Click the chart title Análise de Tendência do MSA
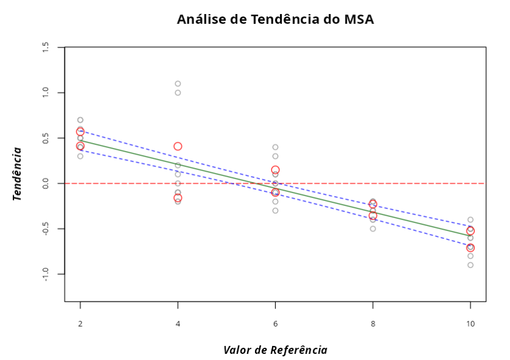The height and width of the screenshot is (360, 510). pyautogui.click(x=275, y=19)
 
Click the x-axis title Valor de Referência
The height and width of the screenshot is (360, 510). pyautogui.click(x=275, y=350)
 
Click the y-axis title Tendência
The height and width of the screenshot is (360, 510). pyautogui.click(x=17, y=174)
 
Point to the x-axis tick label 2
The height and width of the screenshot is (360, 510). pyautogui.click(x=80, y=324)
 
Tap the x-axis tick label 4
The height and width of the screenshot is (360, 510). pyautogui.click(x=178, y=324)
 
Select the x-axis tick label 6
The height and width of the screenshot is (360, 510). pyautogui.click(x=275, y=324)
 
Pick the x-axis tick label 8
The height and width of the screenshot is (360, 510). pyautogui.click(x=372, y=324)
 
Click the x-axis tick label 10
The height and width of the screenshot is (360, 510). pyautogui.click(x=470, y=324)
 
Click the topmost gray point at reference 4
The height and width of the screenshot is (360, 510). pyautogui.click(x=178, y=83)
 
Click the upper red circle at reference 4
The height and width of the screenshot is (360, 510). pyautogui.click(x=178, y=146)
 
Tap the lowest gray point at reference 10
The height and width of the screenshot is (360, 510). pyautogui.click(x=470, y=265)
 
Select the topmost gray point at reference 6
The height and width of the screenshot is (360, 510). pyautogui.click(x=275, y=147)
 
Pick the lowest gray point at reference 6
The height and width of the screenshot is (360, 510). pyautogui.click(x=275, y=211)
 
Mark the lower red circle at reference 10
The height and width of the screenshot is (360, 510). pyautogui.click(x=470, y=248)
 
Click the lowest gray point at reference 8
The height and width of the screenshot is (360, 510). pyautogui.click(x=372, y=228)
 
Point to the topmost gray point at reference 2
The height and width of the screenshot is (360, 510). pyautogui.click(x=80, y=120)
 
